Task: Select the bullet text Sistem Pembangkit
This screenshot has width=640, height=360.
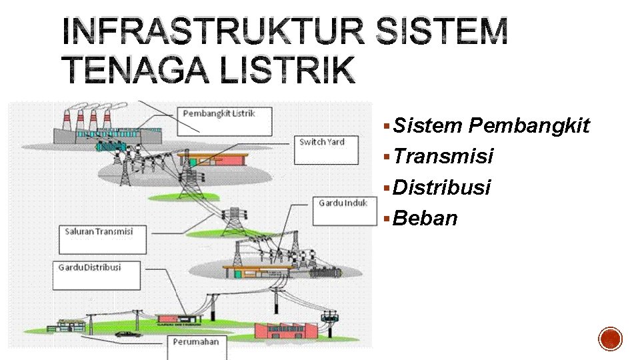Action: click(x=491, y=125)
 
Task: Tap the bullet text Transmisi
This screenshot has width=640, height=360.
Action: click(x=443, y=156)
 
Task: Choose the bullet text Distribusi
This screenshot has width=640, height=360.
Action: click(x=442, y=187)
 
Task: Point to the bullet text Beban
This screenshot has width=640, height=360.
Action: click(x=425, y=218)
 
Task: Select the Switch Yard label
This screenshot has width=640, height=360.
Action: click(x=322, y=150)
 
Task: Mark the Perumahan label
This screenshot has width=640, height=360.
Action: click(x=198, y=347)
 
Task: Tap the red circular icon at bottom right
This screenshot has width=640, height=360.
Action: click(x=610, y=339)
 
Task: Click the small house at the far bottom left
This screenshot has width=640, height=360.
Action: click(x=69, y=325)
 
